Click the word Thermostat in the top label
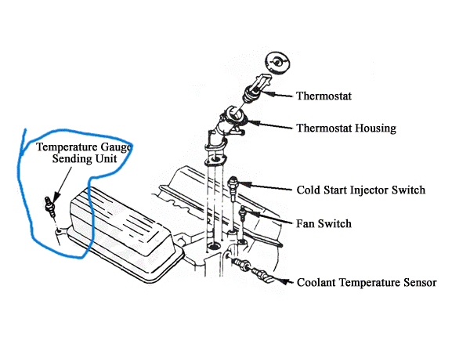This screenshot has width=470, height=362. coord(324,97)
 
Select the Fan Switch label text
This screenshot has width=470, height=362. coord(324,223)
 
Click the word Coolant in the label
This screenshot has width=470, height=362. coord(318,283)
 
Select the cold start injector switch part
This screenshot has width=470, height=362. coord(233,186)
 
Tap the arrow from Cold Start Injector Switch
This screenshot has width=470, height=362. coord(266,188)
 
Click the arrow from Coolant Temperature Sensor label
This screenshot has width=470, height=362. coord(284,281)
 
